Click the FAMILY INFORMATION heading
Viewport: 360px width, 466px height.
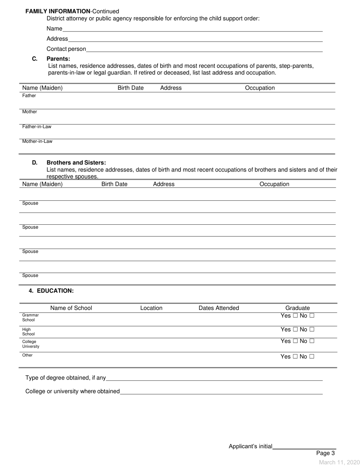point(58,11)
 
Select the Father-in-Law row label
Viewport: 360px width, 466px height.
point(37,127)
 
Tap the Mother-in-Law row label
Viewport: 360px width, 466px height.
point(37,141)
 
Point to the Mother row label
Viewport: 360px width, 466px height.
point(30,112)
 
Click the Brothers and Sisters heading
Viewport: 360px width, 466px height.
point(76,163)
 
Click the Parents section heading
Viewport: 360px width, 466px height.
point(58,59)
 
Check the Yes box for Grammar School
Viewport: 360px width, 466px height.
point(294,316)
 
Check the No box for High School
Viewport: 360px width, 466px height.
point(311,330)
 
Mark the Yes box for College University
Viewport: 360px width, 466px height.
point(294,341)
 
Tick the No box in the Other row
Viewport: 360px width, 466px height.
point(311,357)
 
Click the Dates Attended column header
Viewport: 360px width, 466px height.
point(219,308)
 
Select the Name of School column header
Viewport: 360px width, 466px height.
point(71,308)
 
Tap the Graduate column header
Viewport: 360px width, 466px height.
point(297,308)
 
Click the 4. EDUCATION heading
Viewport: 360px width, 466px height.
point(51,291)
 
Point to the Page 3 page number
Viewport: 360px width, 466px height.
point(326,453)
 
